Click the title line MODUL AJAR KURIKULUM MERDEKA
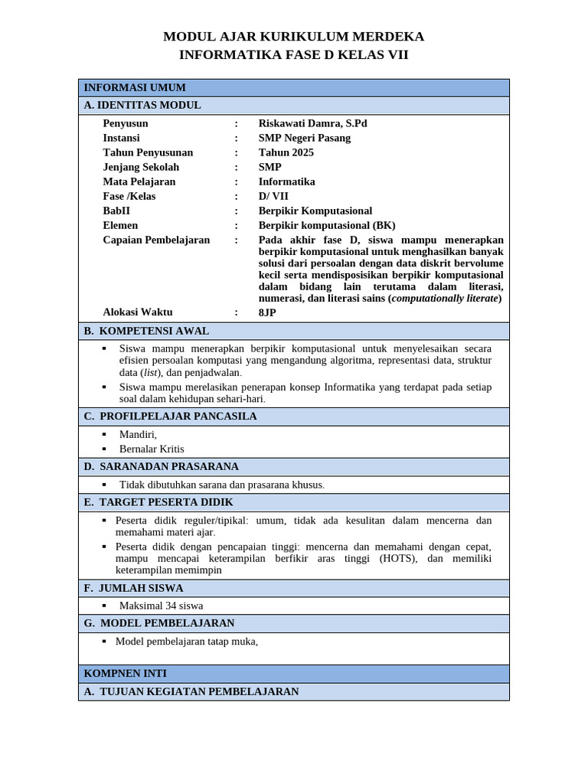pyautogui.click(x=293, y=37)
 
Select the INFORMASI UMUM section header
pyautogui.click(x=135, y=88)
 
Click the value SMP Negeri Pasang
pyautogui.click(x=304, y=138)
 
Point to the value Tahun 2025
pyautogui.click(x=286, y=152)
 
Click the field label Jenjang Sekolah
pyautogui.click(x=141, y=167)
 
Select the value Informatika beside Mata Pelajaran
pyautogui.click(x=286, y=181)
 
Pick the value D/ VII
pyautogui.click(x=273, y=196)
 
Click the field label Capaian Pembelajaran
pyautogui.click(x=156, y=240)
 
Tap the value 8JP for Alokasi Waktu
pyautogui.click(x=267, y=312)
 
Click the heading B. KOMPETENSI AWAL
pyautogui.click(x=146, y=331)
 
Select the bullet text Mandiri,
pyautogui.click(x=138, y=434)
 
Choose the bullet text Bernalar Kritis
pyautogui.click(x=152, y=449)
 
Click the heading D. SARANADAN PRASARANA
pyautogui.click(x=162, y=466)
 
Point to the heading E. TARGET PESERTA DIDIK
pyautogui.click(x=158, y=502)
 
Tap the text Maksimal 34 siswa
pyautogui.click(x=161, y=606)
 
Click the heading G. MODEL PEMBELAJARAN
pyautogui.click(x=159, y=623)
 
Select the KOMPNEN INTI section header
pyautogui.click(x=126, y=674)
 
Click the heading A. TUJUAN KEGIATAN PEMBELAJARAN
pyautogui.click(x=191, y=691)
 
